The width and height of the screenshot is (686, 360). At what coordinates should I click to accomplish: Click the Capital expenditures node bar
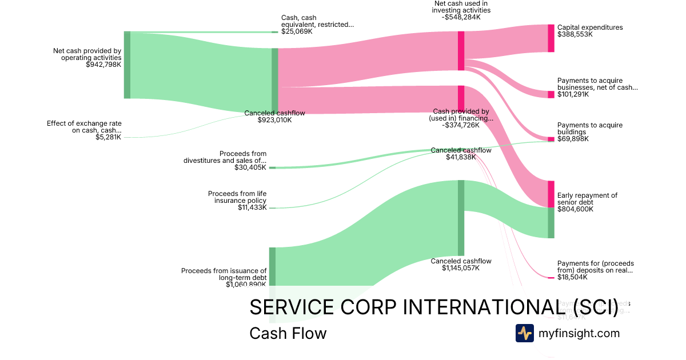click(551, 38)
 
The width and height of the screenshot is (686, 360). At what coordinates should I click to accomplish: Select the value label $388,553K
click(575, 34)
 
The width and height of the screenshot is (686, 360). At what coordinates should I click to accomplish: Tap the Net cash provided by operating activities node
click(127, 65)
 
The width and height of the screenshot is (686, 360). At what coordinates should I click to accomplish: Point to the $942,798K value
click(103, 65)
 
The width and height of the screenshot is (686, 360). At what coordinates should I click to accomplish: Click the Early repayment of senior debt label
click(587, 199)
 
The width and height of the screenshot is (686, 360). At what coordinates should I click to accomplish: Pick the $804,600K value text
click(575, 209)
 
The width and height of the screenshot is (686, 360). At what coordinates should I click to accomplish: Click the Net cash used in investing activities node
click(461, 50)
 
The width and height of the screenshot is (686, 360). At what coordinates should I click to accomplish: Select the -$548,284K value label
click(461, 17)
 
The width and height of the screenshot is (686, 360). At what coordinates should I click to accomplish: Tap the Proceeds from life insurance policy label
click(237, 197)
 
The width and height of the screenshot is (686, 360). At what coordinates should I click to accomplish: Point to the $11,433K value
click(252, 207)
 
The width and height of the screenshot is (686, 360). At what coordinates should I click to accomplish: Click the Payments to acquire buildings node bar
click(551, 139)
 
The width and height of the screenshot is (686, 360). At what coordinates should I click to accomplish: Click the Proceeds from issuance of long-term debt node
click(273, 266)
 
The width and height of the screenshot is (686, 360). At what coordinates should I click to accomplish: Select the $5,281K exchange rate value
click(109, 137)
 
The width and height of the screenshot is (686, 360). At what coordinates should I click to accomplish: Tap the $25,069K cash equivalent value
click(297, 31)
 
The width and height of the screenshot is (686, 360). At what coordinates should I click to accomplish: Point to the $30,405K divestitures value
click(250, 167)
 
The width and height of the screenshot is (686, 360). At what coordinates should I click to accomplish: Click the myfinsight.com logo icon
click(525, 333)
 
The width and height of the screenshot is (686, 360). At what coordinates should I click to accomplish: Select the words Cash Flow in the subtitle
click(288, 334)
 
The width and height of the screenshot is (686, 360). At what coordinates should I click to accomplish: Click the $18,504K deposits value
click(573, 277)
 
